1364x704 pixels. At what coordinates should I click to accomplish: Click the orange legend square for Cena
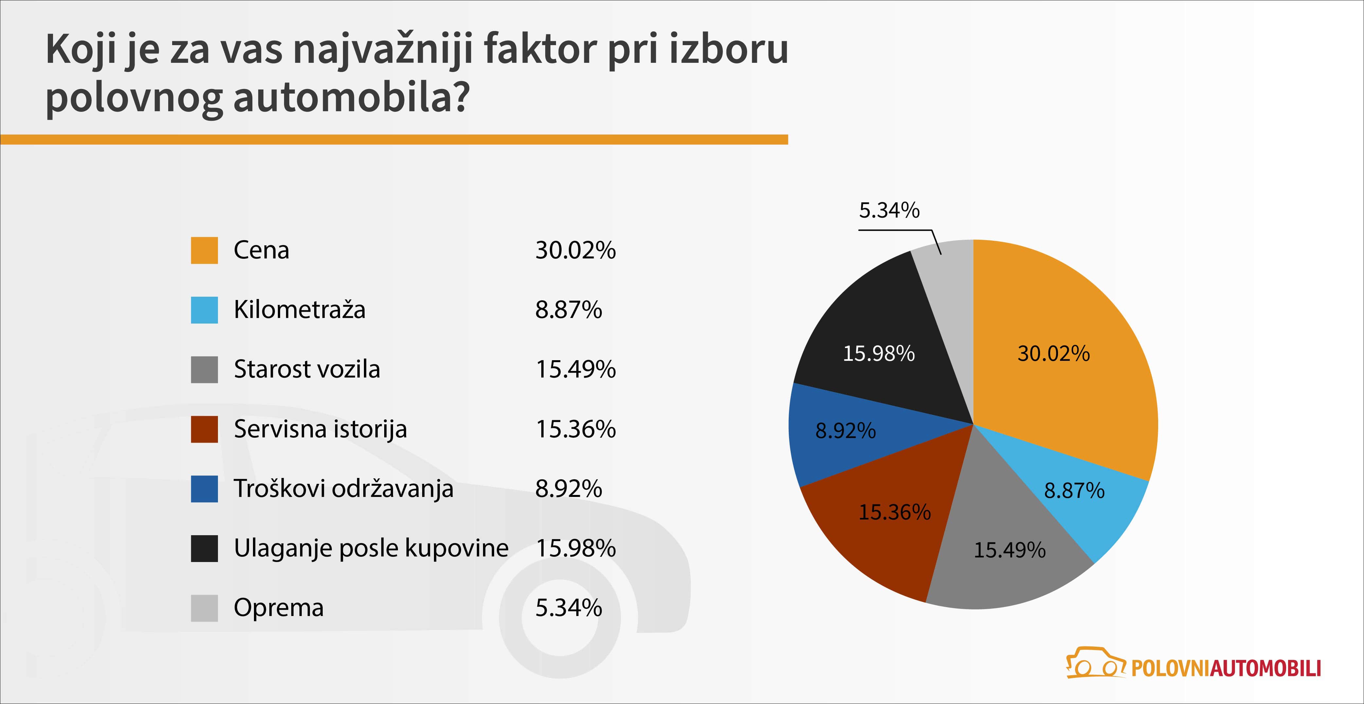(205, 250)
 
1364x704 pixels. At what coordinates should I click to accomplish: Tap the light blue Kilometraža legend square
(205, 310)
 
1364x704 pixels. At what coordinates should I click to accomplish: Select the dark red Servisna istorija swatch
(205, 429)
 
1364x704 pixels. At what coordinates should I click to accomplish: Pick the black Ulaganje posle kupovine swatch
(205, 548)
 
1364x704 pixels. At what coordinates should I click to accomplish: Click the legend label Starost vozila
(307, 369)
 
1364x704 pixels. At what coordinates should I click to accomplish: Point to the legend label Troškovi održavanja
(344, 488)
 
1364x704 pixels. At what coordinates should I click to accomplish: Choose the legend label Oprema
(278, 608)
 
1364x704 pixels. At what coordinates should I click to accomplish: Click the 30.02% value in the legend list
(576, 250)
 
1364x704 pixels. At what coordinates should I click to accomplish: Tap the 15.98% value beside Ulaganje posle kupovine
(576, 548)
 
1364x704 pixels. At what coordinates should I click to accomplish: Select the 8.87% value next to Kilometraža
(569, 310)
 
